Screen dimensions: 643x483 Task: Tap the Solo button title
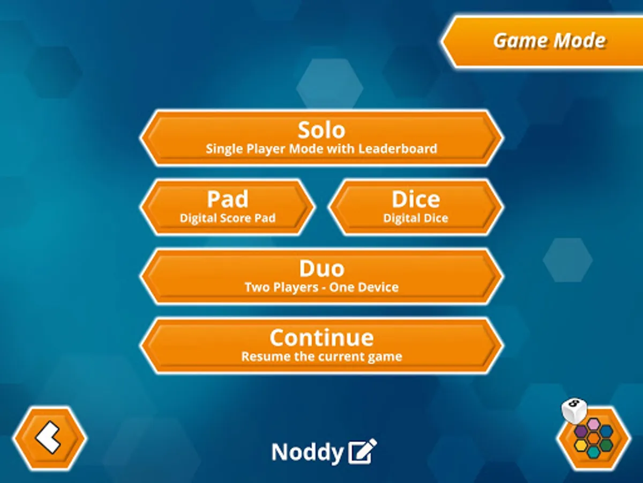click(x=322, y=130)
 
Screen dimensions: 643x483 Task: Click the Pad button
click(x=228, y=207)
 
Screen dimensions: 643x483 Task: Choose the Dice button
click(x=416, y=207)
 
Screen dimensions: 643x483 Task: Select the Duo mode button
click(x=322, y=276)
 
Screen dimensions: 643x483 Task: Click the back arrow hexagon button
click(x=49, y=438)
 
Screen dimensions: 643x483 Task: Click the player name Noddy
click(x=307, y=452)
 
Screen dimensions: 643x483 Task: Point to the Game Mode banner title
click(x=550, y=40)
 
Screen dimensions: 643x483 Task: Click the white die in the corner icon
click(x=574, y=410)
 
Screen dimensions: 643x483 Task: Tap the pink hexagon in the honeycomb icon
click(x=594, y=424)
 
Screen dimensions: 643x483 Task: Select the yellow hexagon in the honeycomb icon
click(x=581, y=446)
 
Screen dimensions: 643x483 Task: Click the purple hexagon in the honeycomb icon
click(x=581, y=431)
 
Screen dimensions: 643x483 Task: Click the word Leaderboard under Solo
click(x=398, y=149)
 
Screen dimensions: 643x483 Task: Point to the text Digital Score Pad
click(x=228, y=218)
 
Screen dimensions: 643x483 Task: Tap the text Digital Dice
click(x=416, y=218)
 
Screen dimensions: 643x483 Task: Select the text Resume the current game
click(x=322, y=356)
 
